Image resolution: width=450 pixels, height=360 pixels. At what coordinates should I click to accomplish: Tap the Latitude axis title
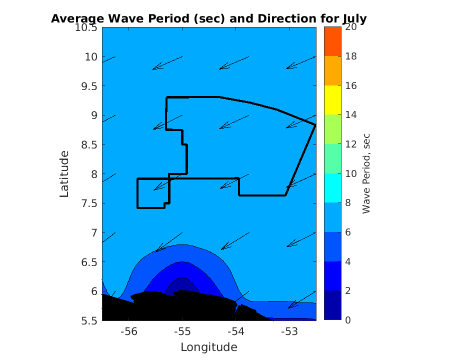click(64, 174)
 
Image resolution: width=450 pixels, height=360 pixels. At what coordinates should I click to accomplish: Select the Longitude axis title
click(208, 347)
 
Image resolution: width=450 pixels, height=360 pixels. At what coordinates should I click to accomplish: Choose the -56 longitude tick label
click(129, 331)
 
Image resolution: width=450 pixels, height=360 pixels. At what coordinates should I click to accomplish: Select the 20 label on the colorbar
click(350, 27)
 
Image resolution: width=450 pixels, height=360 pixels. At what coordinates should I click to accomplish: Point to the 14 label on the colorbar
click(350, 115)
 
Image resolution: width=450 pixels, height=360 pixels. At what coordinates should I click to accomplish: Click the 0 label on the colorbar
click(347, 320)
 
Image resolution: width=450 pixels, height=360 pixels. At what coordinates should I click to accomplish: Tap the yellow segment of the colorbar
click(332, 100)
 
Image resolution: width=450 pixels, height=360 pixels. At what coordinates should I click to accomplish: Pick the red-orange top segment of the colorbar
click(332, 41)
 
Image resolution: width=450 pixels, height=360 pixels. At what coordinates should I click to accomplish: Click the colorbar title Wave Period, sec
click(366, 174)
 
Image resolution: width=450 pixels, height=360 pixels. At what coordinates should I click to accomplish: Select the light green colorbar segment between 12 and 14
click(332, 129)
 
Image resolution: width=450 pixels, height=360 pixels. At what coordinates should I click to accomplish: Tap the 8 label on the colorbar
click(347, 203)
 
